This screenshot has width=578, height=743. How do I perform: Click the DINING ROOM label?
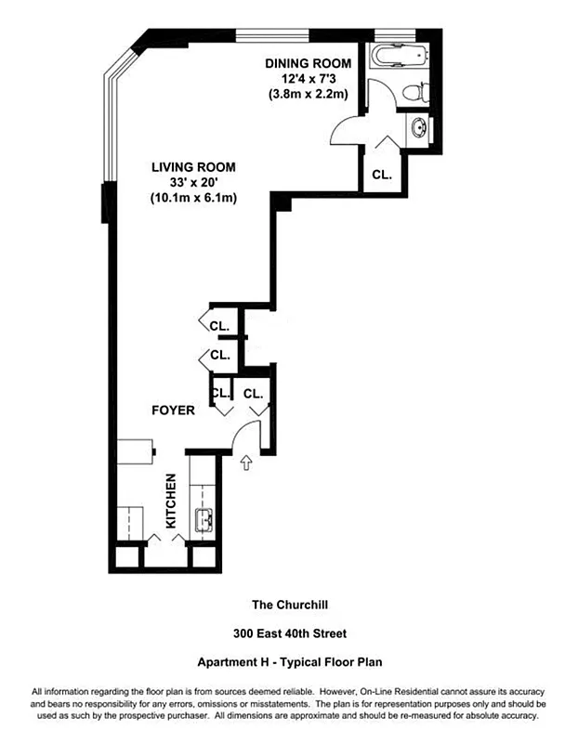(x=309, y=63)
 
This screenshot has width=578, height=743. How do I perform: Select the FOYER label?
(x=174, y=410)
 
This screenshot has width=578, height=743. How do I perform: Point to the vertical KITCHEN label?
(x=171, y=502)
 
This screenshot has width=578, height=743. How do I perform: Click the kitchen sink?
(x=204, y=521)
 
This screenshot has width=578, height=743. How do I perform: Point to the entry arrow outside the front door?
(x=247, y=462)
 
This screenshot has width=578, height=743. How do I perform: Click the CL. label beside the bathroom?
(x=382, y=174)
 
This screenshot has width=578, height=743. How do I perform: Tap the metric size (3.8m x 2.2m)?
(x=309, y=94)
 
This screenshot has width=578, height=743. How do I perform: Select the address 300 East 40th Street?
(x=290, y=633)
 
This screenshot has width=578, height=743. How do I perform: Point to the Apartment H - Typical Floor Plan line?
(x=290, y=662)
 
